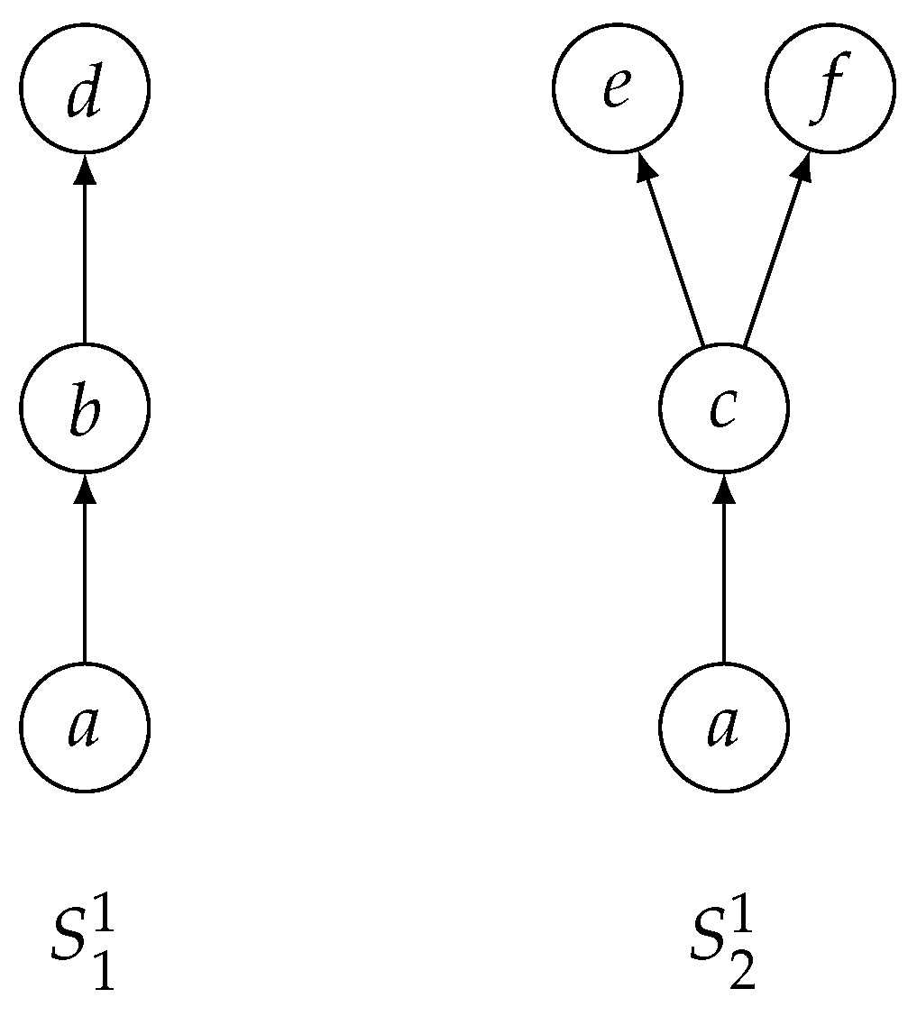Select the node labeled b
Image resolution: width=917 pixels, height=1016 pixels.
point(84,407)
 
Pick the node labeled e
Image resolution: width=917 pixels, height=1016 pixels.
point(618,88)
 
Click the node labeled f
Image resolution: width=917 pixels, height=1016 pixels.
point(830,88)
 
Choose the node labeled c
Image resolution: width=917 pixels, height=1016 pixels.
point(723,407)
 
